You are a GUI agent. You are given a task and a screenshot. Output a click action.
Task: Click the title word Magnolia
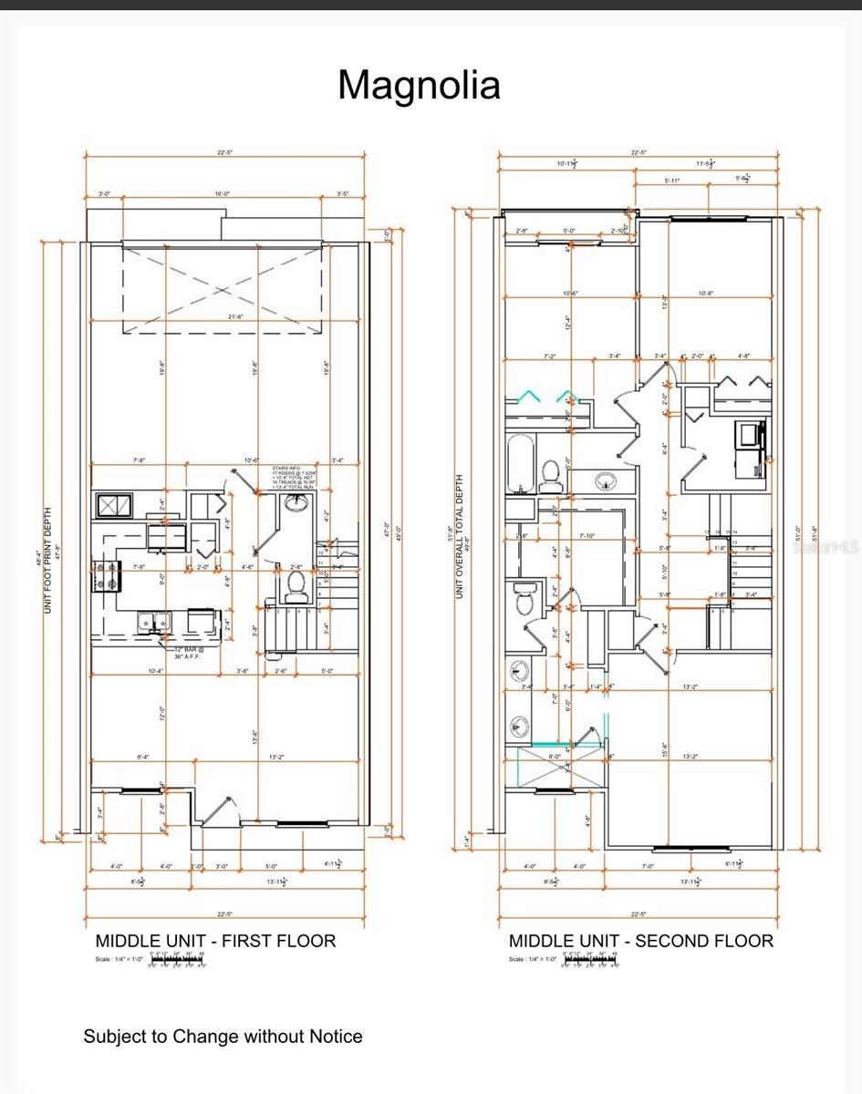point(419,85)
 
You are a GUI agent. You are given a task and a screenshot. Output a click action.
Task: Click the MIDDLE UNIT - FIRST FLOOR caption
point(215,941)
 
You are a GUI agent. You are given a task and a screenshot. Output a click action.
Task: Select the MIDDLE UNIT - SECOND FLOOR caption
point(640,941)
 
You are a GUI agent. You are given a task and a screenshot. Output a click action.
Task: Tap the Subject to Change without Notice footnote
point(223,1037)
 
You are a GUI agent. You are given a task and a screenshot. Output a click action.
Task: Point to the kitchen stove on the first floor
point(106,576)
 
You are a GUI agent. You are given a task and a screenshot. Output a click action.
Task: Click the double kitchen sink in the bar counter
point(153,622)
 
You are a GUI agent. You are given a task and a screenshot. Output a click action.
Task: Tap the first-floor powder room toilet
point(296,593)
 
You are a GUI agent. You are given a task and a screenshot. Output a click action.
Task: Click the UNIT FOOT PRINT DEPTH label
point(47,560)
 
